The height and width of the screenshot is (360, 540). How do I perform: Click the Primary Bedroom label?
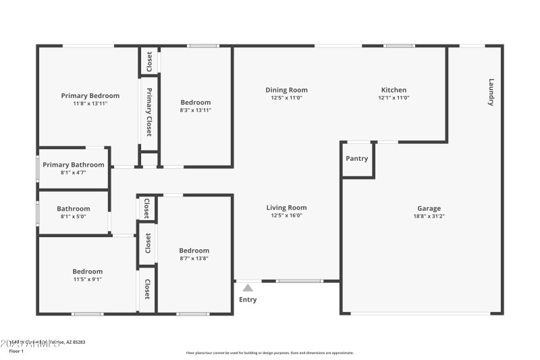coord(90,96)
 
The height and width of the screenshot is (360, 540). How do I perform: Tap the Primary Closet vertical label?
coord(149,112)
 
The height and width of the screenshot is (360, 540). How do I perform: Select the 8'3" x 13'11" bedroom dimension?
coord(195,110)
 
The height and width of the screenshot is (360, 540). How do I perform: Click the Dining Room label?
coord(286,90)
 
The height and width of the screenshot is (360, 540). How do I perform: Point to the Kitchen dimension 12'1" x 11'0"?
coord(394,98)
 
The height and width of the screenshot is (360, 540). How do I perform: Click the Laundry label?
coord(491,93)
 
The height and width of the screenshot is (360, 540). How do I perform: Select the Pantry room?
coord(357,159)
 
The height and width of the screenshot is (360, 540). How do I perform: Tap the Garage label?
coord(429,209)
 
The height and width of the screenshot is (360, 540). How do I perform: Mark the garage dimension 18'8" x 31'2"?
coord(429,217)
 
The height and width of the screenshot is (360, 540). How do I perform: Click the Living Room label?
coord(286,208)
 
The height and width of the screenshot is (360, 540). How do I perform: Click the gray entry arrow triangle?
coord(248,288)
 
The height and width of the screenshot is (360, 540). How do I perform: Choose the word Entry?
coord(248,300)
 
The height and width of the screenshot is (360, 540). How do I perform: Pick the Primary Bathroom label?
coord(74,165)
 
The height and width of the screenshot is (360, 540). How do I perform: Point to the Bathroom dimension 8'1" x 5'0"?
coord(74,217)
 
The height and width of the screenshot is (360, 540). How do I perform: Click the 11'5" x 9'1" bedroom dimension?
coord(88,280)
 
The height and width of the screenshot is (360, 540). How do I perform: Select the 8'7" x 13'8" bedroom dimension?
coord(194,259)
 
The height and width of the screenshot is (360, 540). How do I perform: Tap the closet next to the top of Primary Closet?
coord(149,61)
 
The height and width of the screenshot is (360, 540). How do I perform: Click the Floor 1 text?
coord(16,351)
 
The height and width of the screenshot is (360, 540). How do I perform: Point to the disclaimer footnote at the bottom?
coord(269,353)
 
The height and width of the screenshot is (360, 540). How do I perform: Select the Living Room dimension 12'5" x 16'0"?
coord(286,216)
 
